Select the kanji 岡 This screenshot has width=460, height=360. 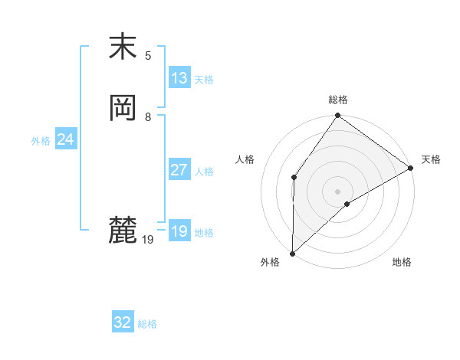[123, 108]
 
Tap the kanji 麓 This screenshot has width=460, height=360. [123, 231]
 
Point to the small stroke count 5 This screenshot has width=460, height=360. [148, 56]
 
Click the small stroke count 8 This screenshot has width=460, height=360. [148, 117]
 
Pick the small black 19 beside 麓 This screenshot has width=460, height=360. [148, 240]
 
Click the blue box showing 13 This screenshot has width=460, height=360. [179, 78]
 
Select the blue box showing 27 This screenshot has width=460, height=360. [179, 170]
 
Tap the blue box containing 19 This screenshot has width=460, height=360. [179, 231]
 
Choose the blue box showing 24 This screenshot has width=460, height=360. [66, 139]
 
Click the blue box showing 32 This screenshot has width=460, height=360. [123, 322]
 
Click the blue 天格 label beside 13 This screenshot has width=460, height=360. [204, 80]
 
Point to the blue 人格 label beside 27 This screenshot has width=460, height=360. [204, 172]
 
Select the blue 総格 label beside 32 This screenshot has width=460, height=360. [147, 324]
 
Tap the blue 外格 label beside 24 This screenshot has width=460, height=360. [41, 141]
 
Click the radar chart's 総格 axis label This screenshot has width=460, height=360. [338, 100]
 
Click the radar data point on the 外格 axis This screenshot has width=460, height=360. [293, 253]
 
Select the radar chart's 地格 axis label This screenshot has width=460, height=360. [402, 262]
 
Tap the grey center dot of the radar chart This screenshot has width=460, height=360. [338, 191]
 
